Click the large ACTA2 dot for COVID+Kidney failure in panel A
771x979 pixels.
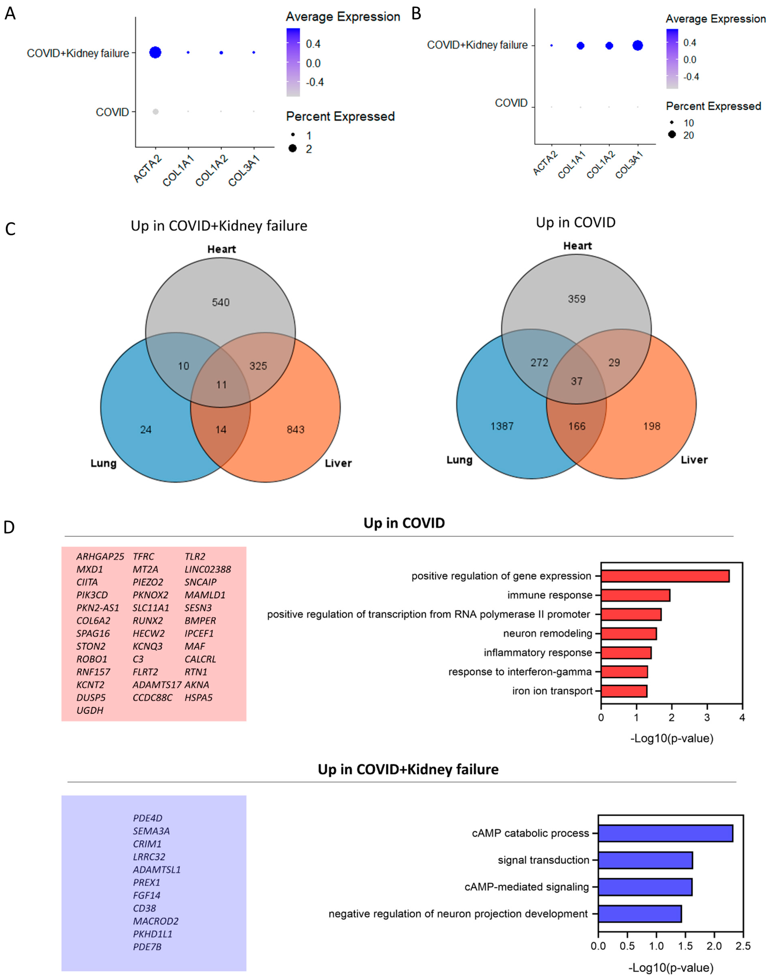[155, 53]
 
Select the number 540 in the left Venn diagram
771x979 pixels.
[221, 302]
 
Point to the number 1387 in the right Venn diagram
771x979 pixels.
[502, 426]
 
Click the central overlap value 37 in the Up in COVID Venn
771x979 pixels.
[576, 381]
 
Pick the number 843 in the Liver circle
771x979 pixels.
[295, 429]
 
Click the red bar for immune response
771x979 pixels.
[635, 595]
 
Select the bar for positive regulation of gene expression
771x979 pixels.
[665, 576]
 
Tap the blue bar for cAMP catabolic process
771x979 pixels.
[665, 833]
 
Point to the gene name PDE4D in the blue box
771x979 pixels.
[148, 818]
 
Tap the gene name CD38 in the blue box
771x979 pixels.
[144, 908]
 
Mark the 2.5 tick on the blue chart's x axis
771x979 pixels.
[743, 945]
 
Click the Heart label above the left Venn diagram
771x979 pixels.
[222, 249]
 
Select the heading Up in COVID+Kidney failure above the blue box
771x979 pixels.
[408, 769]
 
